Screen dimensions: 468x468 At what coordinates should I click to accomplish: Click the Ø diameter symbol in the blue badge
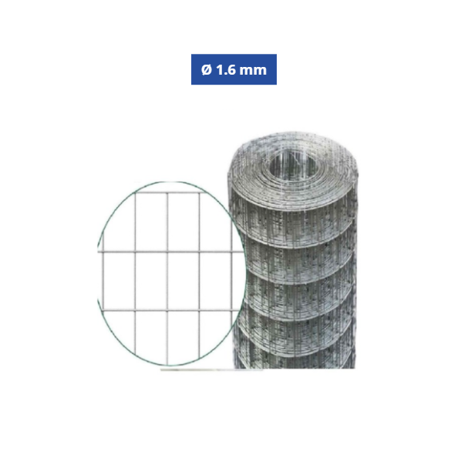[x=206, y=70]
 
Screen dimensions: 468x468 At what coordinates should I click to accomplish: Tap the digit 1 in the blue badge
[x=220, y=70]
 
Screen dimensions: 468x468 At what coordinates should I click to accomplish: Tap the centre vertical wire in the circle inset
[x=167, y=281]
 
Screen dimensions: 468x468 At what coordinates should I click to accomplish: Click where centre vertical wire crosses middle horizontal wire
[x=167, y=252]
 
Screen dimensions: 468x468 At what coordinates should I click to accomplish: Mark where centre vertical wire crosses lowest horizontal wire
[x=167, y=310]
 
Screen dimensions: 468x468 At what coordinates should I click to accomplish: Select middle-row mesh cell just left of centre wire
[x=151, y=281]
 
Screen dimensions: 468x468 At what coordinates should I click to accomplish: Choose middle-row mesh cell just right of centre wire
[x=183, y=281]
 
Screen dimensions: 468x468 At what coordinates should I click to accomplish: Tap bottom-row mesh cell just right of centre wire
[x=183, y=335]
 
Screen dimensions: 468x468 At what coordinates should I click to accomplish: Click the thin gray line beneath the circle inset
[x=197, y=369]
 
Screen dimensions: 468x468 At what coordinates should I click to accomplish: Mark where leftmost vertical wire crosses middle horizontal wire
[x=135, y=252]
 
